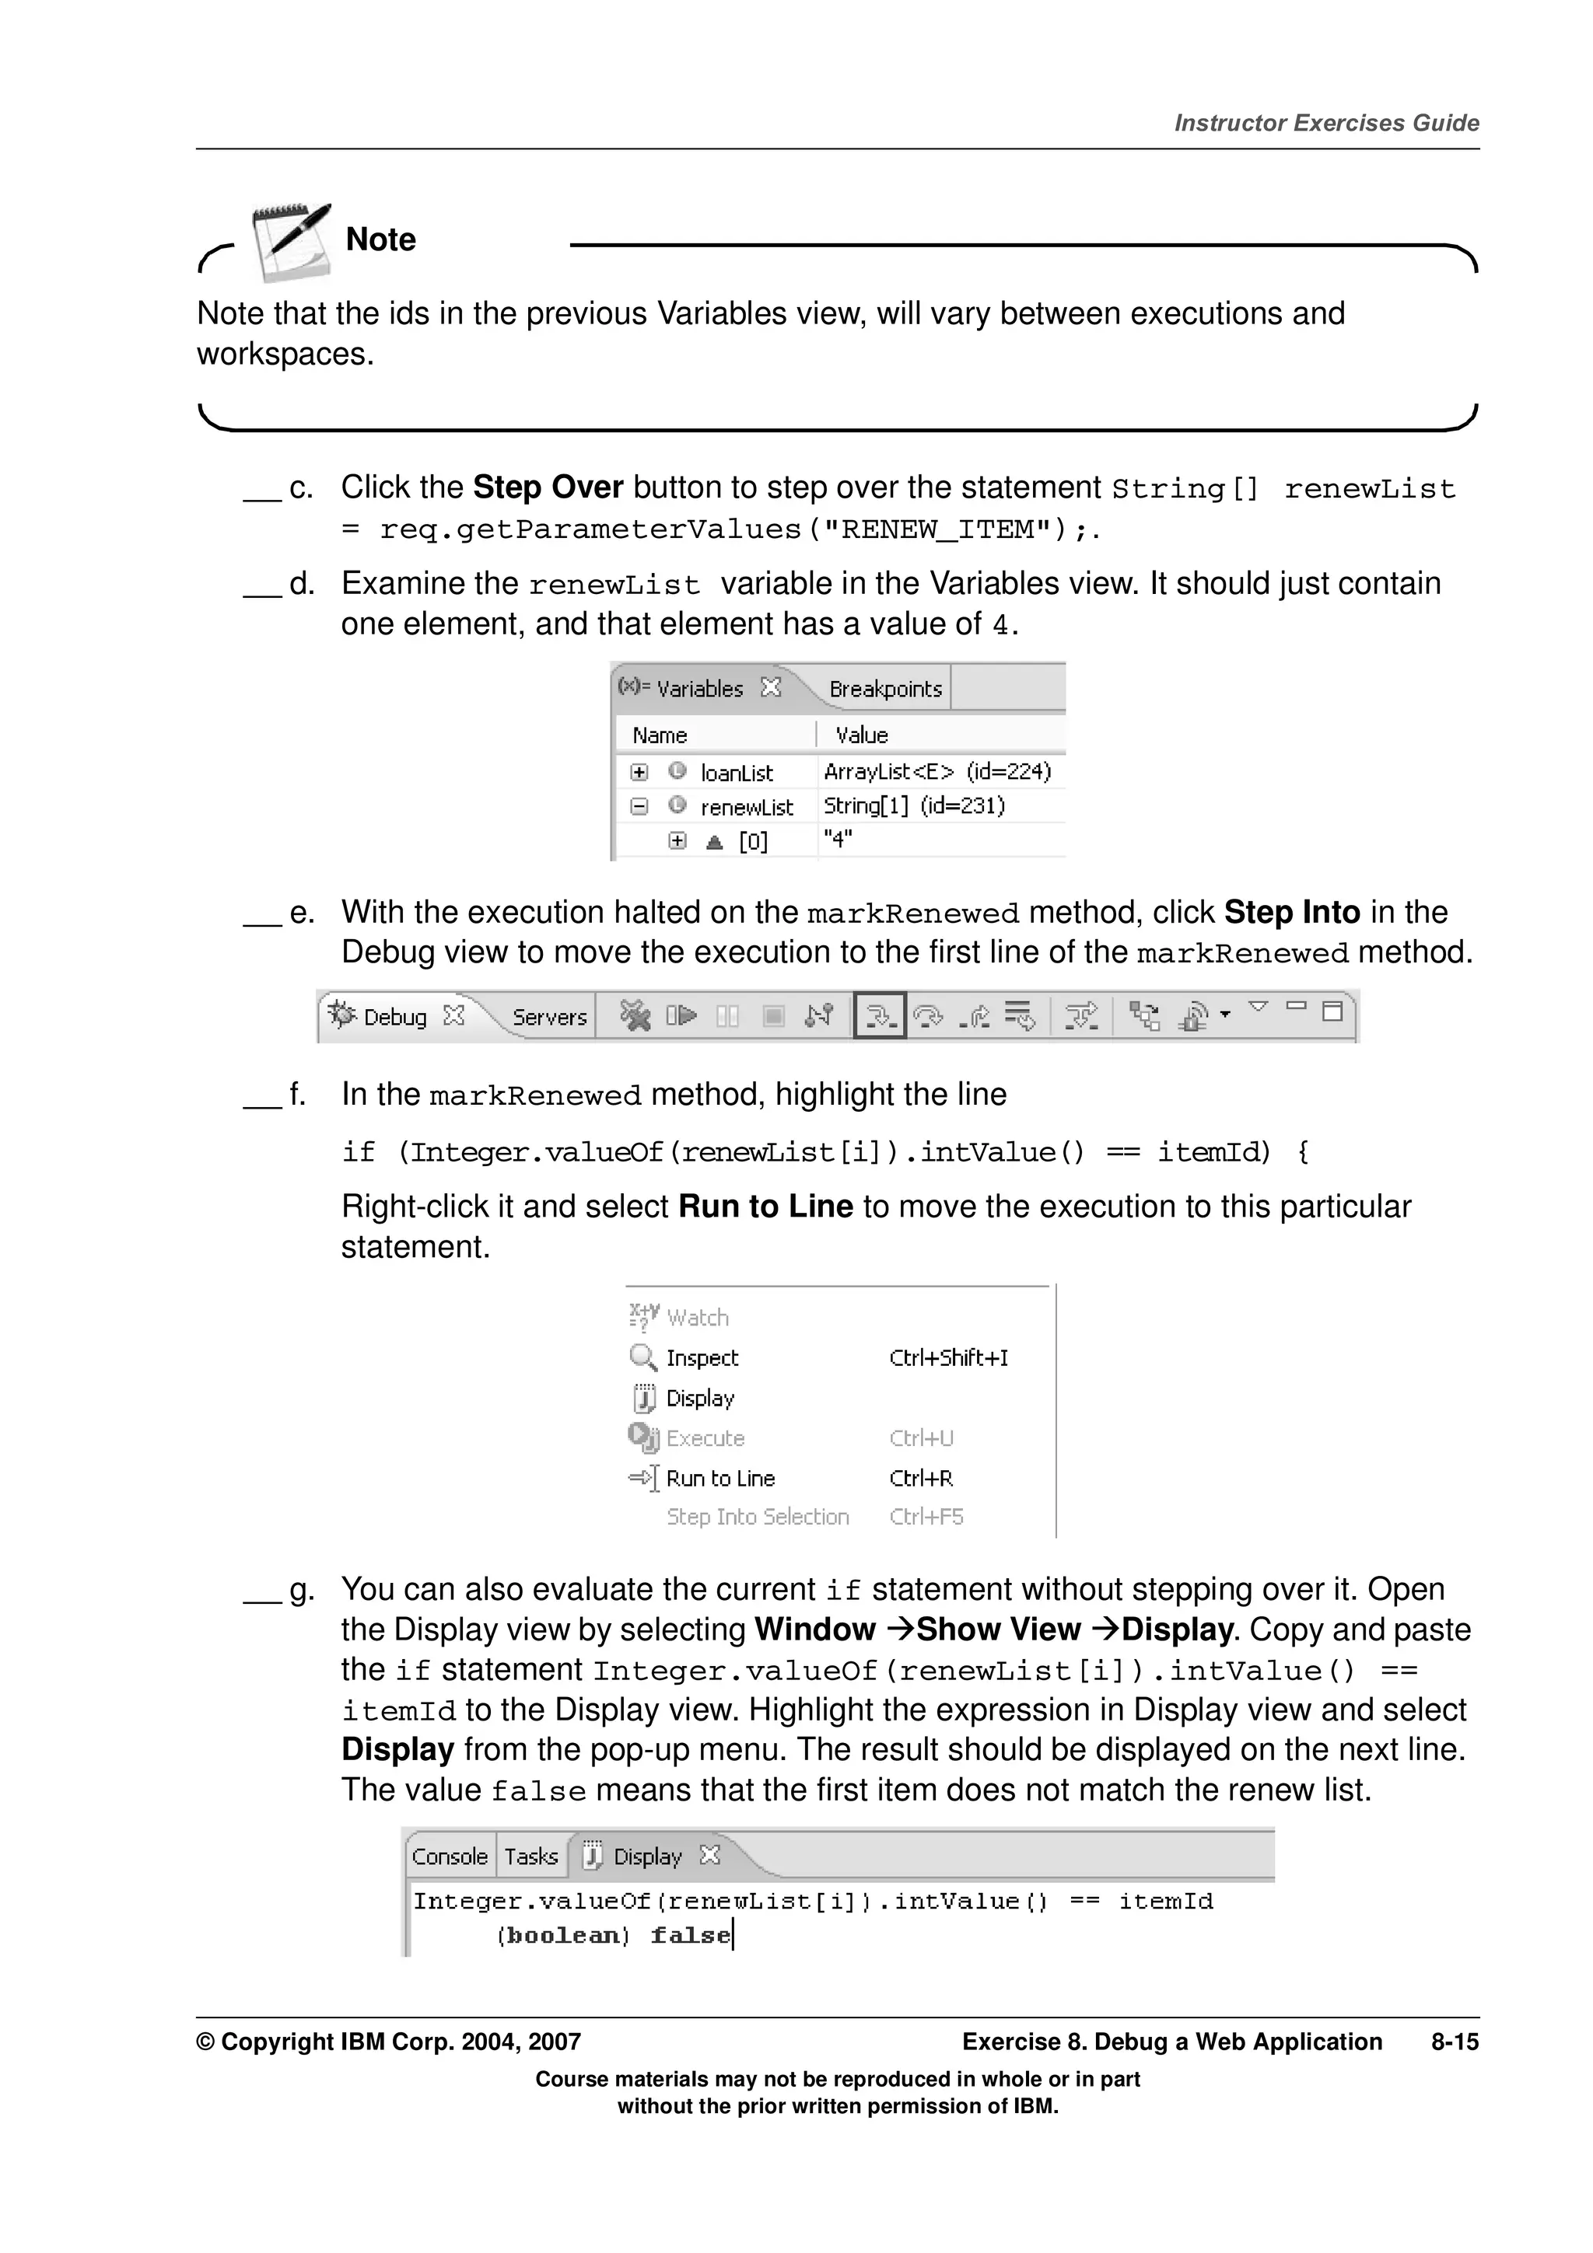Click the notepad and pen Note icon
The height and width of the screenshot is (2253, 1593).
click(291, 241)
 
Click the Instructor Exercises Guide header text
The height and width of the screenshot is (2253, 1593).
click(1326, 123)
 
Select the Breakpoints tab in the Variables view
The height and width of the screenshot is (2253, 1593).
click(884, 689)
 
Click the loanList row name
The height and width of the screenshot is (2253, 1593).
click(736, 774)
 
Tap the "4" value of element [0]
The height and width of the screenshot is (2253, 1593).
click(837, 839)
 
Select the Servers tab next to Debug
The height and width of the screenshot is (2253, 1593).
click(548, 1017)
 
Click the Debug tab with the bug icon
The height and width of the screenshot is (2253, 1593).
click(394, 1017)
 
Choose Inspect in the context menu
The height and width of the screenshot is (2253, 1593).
click(701, 1358)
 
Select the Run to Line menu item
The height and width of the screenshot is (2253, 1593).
click(719, 1479)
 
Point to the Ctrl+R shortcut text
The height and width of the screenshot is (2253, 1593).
click(921, 1479)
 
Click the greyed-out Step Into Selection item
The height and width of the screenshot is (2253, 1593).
click(757, 1517)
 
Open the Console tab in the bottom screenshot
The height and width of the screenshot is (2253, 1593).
click(450, 1857)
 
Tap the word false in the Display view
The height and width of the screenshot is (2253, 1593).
click(690, 1935)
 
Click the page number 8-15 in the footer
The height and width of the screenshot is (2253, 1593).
click(1454, 2042)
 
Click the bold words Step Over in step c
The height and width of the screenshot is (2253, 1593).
click(548, 487)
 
